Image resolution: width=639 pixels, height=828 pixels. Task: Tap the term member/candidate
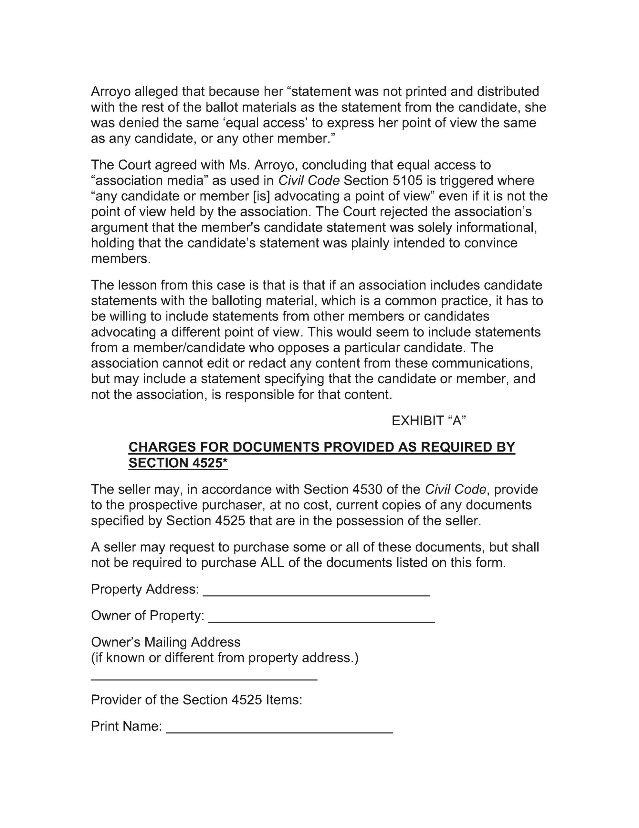(189, 348)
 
